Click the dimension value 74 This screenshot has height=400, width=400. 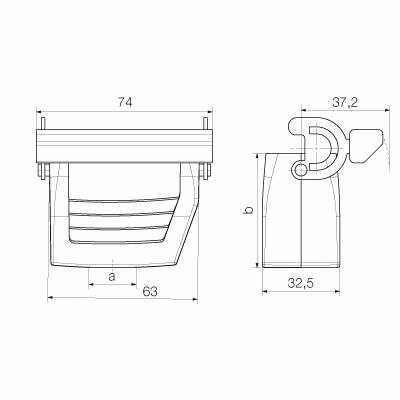click(x=125, y=101)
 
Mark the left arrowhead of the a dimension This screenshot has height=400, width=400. click(x=91, y=282)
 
